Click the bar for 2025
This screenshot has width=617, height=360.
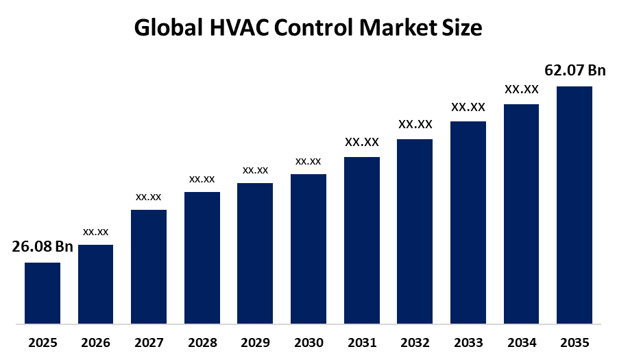pos(43,293)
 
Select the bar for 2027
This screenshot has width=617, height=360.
pos(149,266)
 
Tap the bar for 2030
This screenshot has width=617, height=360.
pos(308,248)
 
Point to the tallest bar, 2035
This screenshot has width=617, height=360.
pos(574,204)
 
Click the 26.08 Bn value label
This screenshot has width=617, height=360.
pos(43,247)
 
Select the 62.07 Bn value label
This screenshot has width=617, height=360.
pos(575,70)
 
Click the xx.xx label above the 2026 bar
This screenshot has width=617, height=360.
pos(96,232)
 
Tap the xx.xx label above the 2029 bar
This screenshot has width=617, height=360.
pos(255,170)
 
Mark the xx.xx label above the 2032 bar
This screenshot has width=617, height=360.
pos(415,125)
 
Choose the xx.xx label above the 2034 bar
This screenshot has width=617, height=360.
pos(522,89)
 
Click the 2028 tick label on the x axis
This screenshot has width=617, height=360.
pos(202,342)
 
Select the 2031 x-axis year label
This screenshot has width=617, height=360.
pos(361,342)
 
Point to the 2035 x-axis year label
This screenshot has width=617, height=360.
pos(574,342)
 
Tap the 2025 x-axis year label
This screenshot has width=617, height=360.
pos(43,342)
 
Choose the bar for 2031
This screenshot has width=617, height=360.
pos(362,240)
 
